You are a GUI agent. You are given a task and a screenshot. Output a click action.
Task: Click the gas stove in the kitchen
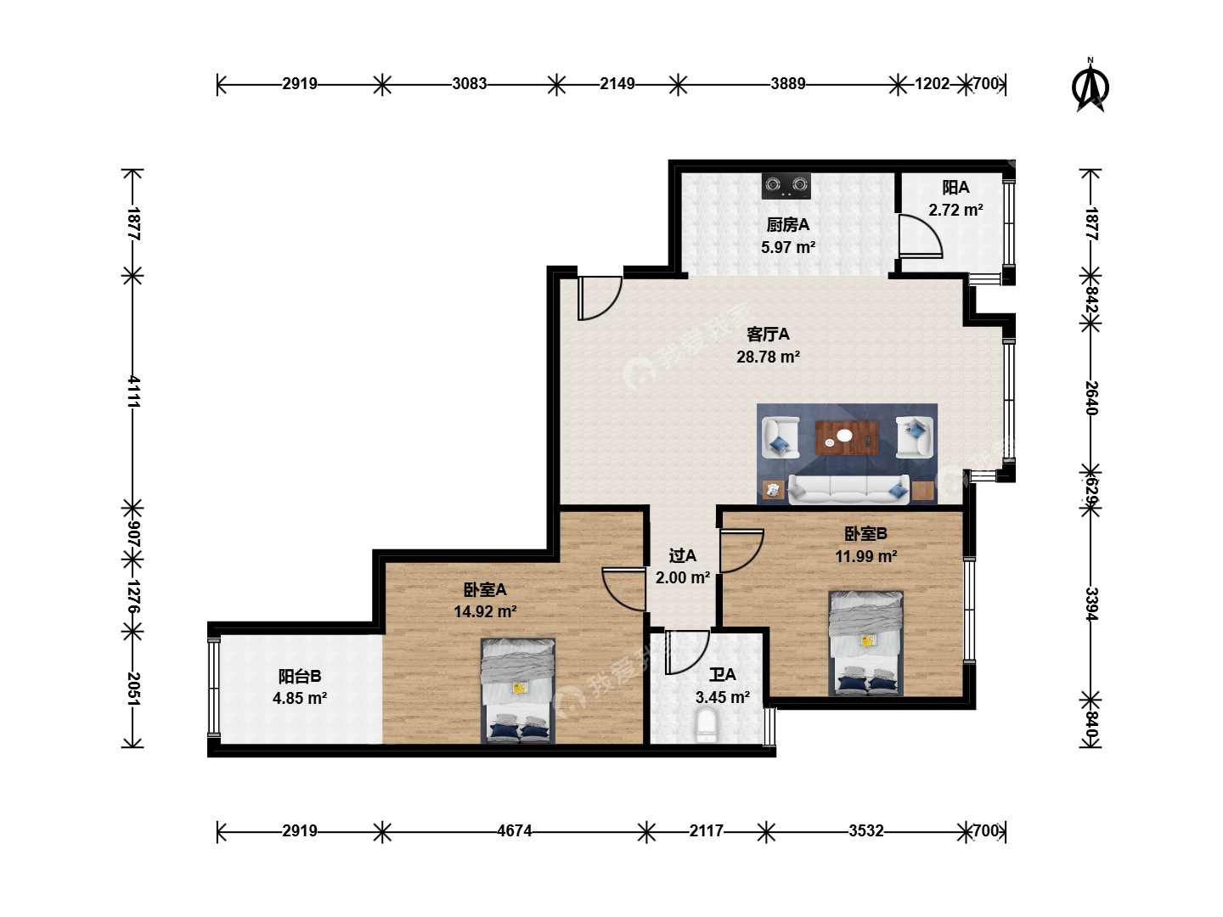786,186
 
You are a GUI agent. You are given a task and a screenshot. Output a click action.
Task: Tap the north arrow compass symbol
1090,87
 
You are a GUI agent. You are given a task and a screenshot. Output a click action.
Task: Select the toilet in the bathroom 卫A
707,725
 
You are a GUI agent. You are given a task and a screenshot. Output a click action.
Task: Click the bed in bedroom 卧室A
518,691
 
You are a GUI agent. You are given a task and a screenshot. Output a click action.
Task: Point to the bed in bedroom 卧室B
865,643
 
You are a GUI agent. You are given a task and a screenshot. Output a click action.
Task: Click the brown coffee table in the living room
847,437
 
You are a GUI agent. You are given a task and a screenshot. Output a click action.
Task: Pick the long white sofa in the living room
848,490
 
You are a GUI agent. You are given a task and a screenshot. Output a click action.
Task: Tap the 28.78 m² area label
768,357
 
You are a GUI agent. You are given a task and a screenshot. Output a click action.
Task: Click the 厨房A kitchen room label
787,225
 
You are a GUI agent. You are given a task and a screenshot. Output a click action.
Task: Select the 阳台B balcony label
300,677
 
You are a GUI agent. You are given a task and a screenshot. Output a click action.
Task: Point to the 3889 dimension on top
788,83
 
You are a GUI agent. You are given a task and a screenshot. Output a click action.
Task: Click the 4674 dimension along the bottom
515,830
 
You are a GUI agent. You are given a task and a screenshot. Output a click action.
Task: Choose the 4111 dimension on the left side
134,391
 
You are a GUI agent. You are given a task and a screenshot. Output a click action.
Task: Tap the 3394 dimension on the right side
1091,604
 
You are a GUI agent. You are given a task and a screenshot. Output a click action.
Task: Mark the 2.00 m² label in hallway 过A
683,578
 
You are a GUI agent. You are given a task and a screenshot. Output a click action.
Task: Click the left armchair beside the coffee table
781,437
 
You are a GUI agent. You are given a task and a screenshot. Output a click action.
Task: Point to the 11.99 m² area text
865,556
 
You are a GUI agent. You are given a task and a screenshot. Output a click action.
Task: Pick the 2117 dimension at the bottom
706,830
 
